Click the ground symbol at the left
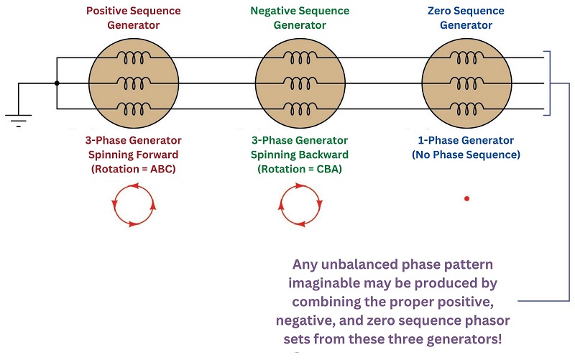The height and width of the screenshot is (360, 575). (x=19, y=120)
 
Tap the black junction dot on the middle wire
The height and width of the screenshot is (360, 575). (x=57, y=83)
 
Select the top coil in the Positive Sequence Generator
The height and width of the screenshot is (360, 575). (x=134, y=57)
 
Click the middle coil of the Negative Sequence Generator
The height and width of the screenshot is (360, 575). (x=300, y=83)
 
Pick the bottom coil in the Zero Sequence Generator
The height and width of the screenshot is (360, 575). (x=466, y=109)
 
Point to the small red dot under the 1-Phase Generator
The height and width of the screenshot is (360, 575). (x=466, y=199)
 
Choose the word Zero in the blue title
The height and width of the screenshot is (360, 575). (x=440, y=11)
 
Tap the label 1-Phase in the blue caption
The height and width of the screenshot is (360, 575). (x=437, y=140)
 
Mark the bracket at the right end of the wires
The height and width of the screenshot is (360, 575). (x=550, y=83)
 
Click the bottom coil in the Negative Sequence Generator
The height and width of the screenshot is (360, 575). (x=300, y=109)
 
